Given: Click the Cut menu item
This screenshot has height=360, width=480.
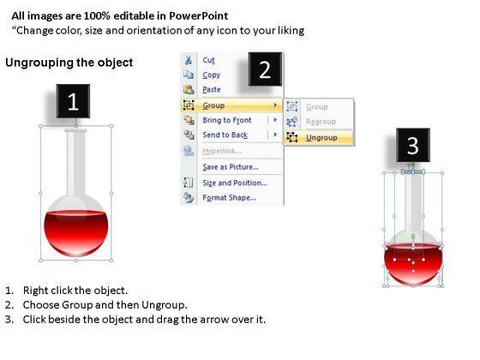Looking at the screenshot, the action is [208, 60].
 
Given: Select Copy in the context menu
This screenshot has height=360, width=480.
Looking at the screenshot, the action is [211, 75].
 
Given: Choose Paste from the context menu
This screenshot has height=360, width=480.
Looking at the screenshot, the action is [212, 90].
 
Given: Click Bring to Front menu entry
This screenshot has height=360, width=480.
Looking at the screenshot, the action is [227, 120].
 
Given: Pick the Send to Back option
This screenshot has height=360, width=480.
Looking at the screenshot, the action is [225, 135].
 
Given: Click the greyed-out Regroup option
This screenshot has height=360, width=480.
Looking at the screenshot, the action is [321, 122].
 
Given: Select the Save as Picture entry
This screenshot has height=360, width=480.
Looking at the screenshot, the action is [231, 167].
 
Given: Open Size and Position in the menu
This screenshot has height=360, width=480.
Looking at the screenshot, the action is [235, 183].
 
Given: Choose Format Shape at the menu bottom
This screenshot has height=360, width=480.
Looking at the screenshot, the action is [229, 197].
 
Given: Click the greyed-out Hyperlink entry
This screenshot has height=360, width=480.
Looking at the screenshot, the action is [222, 151].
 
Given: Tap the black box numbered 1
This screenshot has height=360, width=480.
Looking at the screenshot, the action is [73, 101].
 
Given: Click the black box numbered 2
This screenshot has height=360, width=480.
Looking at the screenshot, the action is [265, 69].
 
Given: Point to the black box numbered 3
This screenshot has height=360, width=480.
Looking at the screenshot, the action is [413, 145].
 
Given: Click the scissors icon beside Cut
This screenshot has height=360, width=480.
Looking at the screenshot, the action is [189, 60].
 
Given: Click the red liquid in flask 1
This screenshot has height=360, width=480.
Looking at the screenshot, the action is [76, 232].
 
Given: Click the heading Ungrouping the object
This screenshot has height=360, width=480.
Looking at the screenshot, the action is [69, 63].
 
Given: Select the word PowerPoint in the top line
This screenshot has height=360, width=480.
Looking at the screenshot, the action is [198, 16].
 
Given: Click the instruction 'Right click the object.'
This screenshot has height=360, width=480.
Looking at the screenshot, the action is [75, 291].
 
